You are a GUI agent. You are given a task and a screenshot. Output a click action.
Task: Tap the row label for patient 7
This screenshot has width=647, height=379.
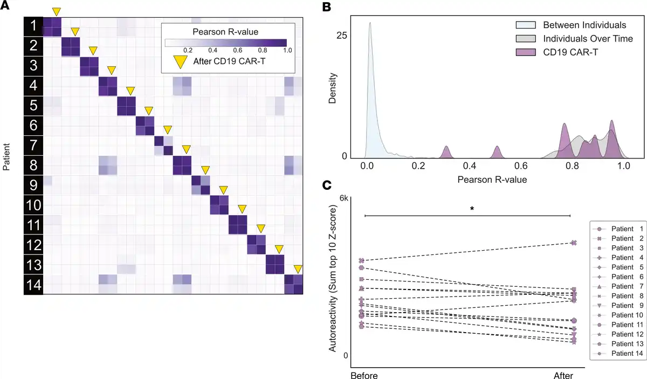click(33, 145)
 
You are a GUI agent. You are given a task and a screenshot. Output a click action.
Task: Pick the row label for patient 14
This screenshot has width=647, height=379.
click(33, 284)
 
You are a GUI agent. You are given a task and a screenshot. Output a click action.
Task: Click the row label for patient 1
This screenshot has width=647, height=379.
click(33, 26)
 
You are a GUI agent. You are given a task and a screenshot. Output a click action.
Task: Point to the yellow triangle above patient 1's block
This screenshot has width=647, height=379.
click(56, 12)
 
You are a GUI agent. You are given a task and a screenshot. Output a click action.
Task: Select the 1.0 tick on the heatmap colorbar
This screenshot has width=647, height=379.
click(287, 50)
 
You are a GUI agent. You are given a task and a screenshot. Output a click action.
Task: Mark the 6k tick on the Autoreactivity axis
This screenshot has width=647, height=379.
click(342, 198)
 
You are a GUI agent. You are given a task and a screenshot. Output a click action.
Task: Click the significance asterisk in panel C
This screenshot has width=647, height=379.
click(472, 209)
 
